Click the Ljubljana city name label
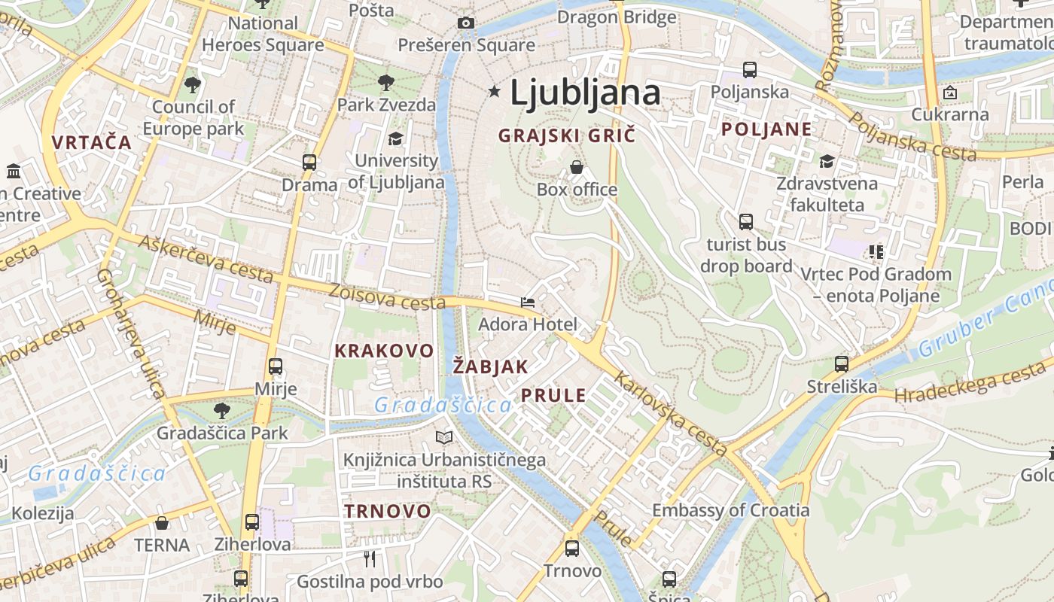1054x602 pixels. click(x=585, y=93)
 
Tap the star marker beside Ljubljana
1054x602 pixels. click(x=495, y=92)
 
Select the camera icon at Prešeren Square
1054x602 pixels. click(x=466, y=23)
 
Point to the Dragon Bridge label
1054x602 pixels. click(x=617, y=17)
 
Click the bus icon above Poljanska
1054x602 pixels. click(x=749, y=70)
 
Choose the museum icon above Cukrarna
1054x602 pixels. click(x=950, y=93)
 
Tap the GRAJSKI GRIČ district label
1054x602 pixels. click(x=567, y=135)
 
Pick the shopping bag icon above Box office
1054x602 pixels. click(x=577, y=167)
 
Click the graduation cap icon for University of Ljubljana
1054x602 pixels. click(x=395, y=138)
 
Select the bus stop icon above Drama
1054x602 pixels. click(x=309, y=162)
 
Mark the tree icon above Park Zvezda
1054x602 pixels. click(x=386, y=82)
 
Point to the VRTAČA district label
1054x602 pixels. click(x=92, y=141)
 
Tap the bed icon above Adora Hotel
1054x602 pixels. click(x=528, y=303)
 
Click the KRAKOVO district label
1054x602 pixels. click(x=384, y=351)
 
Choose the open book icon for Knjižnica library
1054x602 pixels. click(x=445, y=437)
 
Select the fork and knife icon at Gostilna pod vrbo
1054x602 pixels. click(x=369, y=558)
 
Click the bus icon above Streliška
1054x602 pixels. click(x=842, y=364)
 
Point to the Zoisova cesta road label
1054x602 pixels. click(x=387, y=296)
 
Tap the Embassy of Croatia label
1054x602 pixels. click(x=730, y=510)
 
